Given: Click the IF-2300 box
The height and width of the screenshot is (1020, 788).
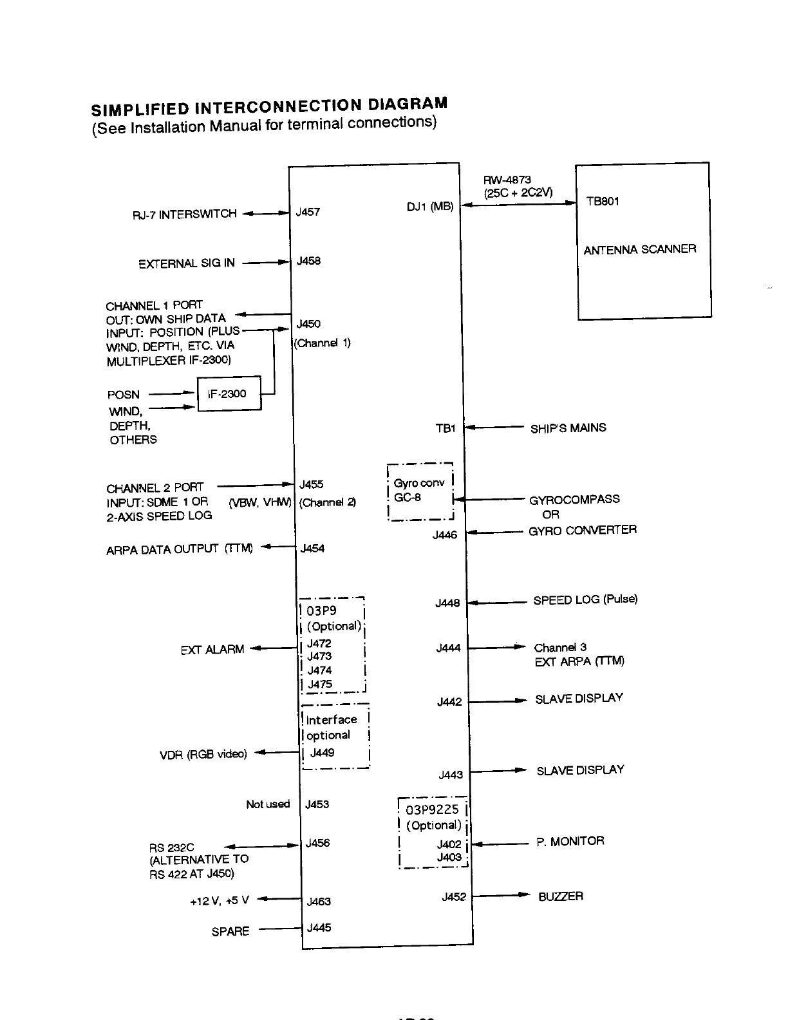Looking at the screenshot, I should (x=229, y=393).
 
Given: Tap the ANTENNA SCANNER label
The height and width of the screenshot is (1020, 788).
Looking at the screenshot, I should (x=639, y=249).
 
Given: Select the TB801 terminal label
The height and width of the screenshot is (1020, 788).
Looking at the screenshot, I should (x=603, y=202).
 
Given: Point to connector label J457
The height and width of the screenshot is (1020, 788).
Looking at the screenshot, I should (x=308, y=212).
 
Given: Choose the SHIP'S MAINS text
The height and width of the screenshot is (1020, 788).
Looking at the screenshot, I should (x=568, y=428).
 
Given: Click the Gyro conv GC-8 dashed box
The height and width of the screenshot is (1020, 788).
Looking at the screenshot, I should (x=420, y=491).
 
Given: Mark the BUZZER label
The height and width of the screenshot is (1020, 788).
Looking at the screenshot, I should (x=560, y=896).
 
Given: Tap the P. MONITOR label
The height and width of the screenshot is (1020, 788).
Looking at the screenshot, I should (x=570, y=841).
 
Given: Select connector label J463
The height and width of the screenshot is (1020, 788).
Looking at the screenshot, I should (x=319, y=902).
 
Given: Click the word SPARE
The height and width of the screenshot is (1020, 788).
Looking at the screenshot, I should (x=230, y=931).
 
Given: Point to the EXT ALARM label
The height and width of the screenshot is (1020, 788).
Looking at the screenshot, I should (x=212, y=650).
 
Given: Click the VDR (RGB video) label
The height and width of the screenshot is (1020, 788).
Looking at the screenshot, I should (x=203, y=754).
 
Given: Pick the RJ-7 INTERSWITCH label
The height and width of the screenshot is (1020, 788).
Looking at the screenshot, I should (x=184, y=214).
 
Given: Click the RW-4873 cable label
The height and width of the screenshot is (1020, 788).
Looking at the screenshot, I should (x=507, y=180).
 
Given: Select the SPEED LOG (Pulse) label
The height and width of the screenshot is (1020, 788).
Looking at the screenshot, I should (x=585, y=600).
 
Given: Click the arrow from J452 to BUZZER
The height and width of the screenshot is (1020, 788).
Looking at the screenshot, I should (x=501, y=895).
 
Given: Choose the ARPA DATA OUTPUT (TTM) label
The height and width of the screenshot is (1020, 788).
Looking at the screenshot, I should (x=179, y=549).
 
